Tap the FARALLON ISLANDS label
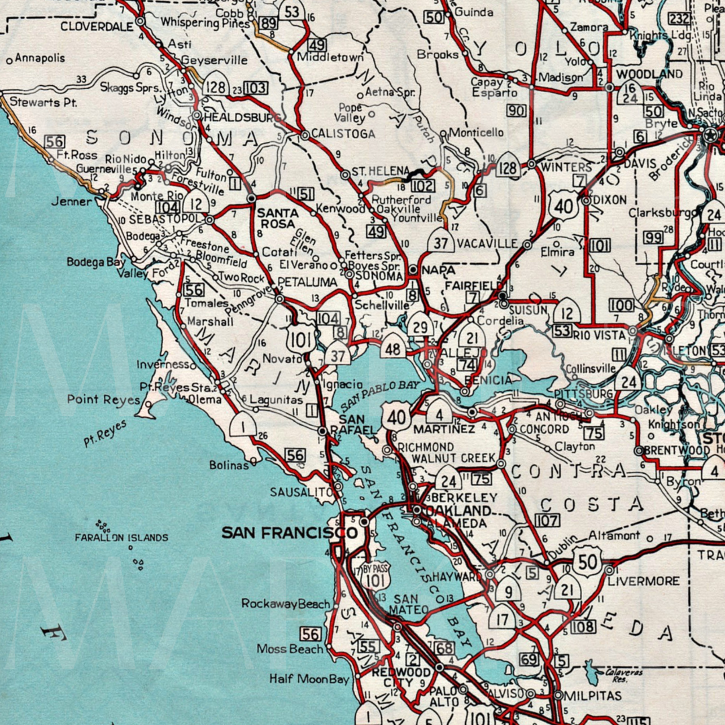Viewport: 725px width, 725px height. (x=122, y=538)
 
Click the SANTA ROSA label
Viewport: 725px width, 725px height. (x=273, y=218)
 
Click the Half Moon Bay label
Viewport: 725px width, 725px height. (x=309, y=679)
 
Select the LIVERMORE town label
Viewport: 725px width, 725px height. (x=644, y=580)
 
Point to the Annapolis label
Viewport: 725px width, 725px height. (x=40, y=58)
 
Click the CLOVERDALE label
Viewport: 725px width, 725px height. (x=97, y=27)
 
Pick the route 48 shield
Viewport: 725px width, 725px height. (x=393, y=348)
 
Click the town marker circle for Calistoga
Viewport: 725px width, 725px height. (x=305, y=135)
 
